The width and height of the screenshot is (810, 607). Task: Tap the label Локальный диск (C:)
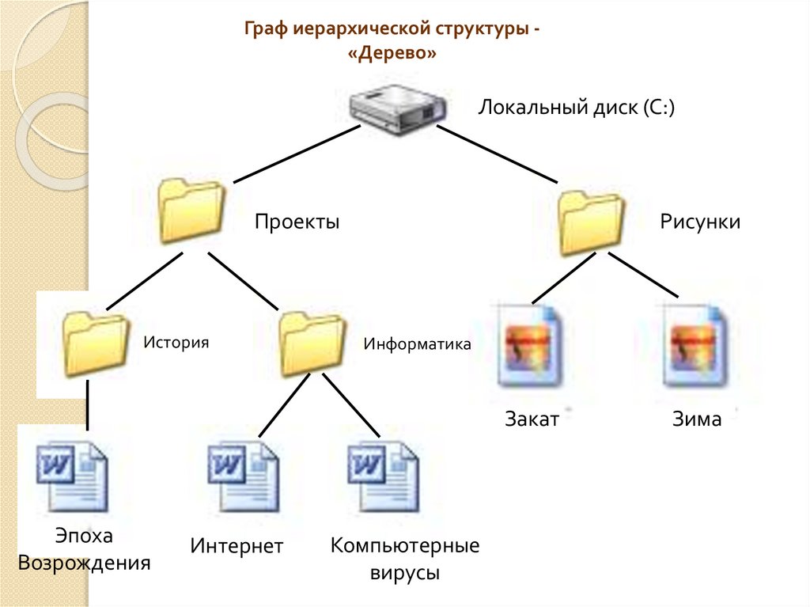point(576,107)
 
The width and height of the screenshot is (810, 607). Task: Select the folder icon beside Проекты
point(190,211)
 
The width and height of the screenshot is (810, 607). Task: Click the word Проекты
point(297,222)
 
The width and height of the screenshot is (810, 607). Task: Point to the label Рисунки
point(700,222)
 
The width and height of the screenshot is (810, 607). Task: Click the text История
point(176,343)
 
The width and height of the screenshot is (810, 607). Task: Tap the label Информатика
point(417,344)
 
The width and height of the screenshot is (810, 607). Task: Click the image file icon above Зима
point(695,345)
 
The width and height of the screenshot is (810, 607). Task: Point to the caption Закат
point(532,419)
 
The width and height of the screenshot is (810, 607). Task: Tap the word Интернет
point(237,547)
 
